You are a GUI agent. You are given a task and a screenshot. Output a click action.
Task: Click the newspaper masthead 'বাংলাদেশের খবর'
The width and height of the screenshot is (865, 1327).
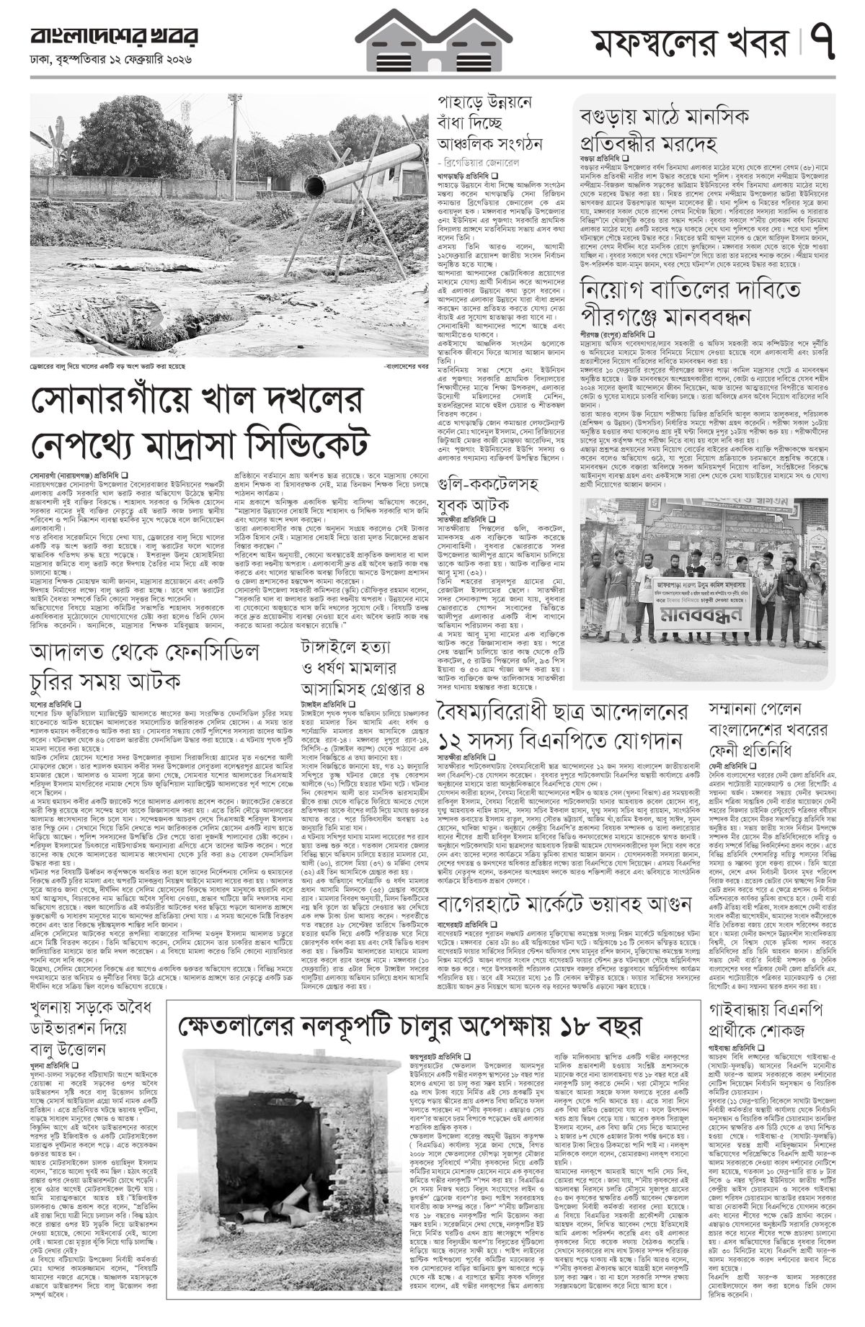(114, 37)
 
